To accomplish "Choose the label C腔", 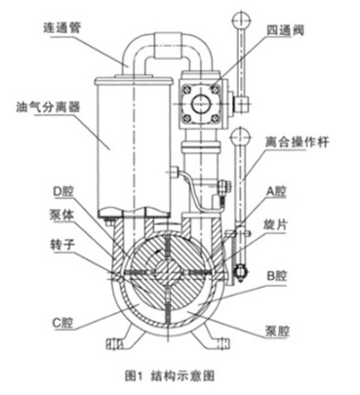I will (36, 320).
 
